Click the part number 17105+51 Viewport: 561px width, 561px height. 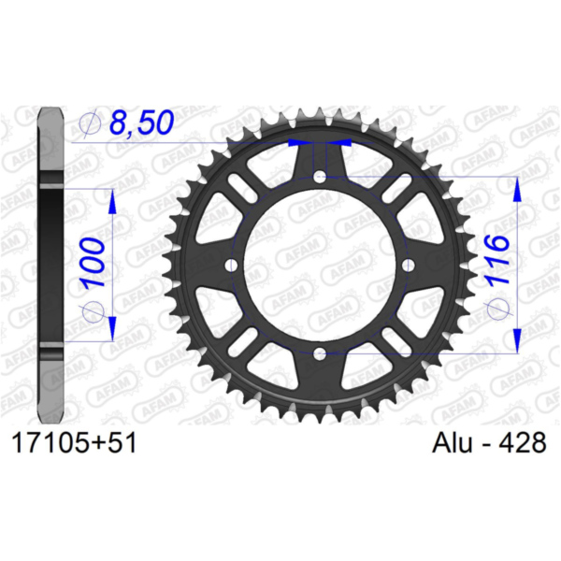[x=74, y=442]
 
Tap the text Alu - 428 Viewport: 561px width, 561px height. [x=489, y=442]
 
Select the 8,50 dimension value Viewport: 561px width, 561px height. [x=142, y=122]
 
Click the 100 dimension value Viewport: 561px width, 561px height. [x=93, y=263]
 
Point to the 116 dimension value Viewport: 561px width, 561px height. [x=497, y=260]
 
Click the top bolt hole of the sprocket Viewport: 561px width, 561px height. [x=320, y=176]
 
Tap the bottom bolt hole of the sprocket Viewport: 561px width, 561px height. [x=320, y=354]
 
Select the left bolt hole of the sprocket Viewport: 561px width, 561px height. [x=232, y=266]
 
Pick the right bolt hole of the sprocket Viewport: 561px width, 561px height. [x=409, y=266]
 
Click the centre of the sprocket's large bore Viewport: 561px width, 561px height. [x=320, y=266]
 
